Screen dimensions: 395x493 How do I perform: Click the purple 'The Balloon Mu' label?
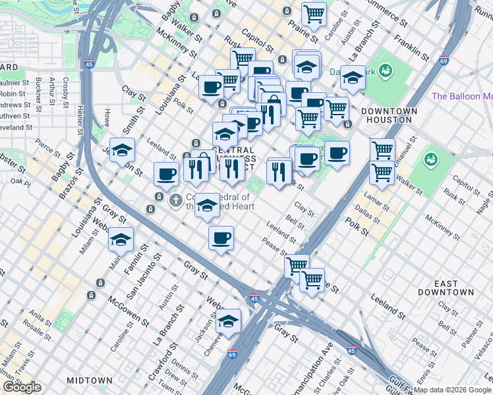[x=461, y=97]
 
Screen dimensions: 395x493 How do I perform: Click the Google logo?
[x=22, y=387]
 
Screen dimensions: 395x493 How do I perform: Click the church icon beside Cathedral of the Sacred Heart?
[x=175, y=200]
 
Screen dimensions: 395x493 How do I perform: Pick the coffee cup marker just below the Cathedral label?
[x=221, y=237]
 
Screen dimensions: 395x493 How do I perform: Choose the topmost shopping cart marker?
[x=314, y=13]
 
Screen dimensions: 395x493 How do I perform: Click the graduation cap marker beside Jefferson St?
[x=122, y=151]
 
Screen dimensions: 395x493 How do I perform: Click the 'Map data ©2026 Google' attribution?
[x=452, y=390]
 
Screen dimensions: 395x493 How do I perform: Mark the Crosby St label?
[x=65, y=92]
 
